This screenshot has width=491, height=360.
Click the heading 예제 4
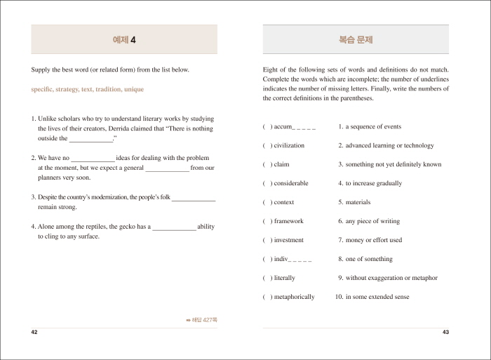pyautogui.click(x=124, y=40)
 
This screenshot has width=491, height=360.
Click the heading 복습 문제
pyautogui.click(x=356, y=40)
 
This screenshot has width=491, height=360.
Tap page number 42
pyautogui.click(x=34, y=331)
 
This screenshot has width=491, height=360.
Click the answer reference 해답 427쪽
pyautogui.click(x=202, y=320)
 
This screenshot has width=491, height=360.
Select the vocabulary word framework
pyautogui.click(x=288, y=221)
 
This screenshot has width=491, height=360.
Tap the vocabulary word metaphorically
pyautogui.click(x=294, y=297)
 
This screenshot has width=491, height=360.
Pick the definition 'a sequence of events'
pyautogui.click(x=373, y=126)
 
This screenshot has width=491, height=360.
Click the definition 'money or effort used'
pyautogui.click(x=374, y=240)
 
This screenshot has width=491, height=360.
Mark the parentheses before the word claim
pyautogui.click(x=267, y=164)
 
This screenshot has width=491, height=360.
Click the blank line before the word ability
pyautogui.click(x=174, y=227)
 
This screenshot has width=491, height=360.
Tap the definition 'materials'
pyautogui.click(x=358, y=202)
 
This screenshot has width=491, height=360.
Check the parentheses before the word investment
pyautogui.click(x=267, y=240)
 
